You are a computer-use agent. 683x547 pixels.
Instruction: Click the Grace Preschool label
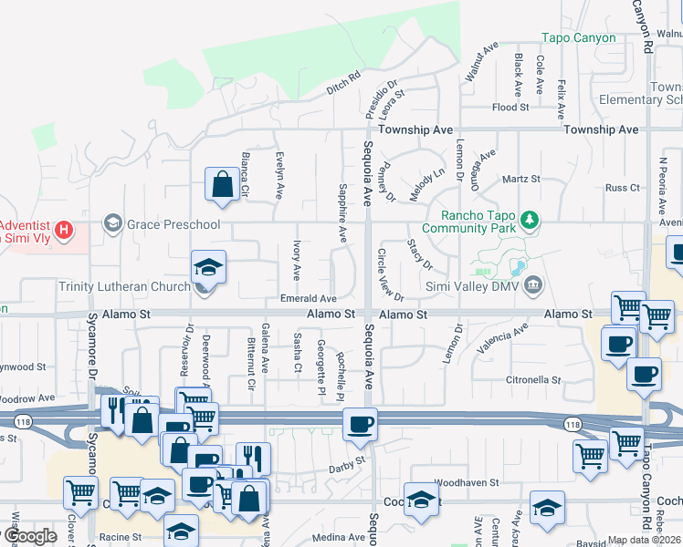174,223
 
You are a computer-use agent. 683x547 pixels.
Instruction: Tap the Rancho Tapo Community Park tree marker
530,220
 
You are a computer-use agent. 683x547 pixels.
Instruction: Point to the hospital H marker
63,229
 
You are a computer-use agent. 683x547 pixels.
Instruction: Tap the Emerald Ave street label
309,298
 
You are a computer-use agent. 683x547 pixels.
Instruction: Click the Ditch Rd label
343,83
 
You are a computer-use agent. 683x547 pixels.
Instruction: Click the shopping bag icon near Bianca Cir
222,184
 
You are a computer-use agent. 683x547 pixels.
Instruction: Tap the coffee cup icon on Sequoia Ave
360,424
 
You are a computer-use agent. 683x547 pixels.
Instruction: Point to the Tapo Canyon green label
579,38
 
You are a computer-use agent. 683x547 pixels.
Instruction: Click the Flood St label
510,108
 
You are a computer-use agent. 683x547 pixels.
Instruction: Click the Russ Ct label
623,188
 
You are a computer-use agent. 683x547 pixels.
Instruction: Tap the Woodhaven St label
466,481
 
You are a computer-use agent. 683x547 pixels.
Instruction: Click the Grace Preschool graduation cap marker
112,223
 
